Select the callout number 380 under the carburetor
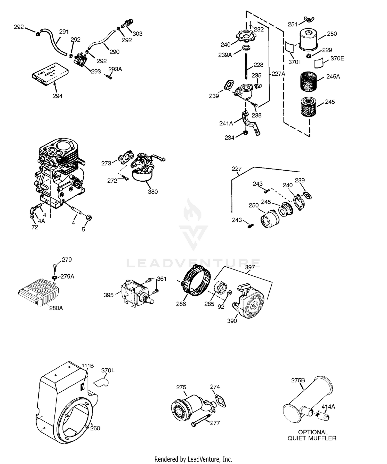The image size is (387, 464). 153,192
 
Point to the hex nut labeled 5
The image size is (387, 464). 89,217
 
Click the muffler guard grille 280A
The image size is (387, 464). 39,292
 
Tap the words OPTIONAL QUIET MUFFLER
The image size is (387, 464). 312,435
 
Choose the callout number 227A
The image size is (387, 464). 278,74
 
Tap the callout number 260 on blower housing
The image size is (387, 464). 95,428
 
